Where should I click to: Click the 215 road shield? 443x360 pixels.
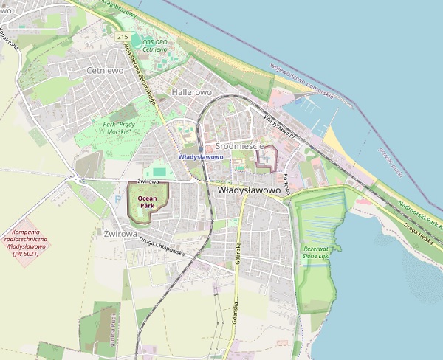123,37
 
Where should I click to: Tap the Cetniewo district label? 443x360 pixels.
104,70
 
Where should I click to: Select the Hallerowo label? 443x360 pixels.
191,92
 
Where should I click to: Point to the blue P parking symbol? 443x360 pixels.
117,198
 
